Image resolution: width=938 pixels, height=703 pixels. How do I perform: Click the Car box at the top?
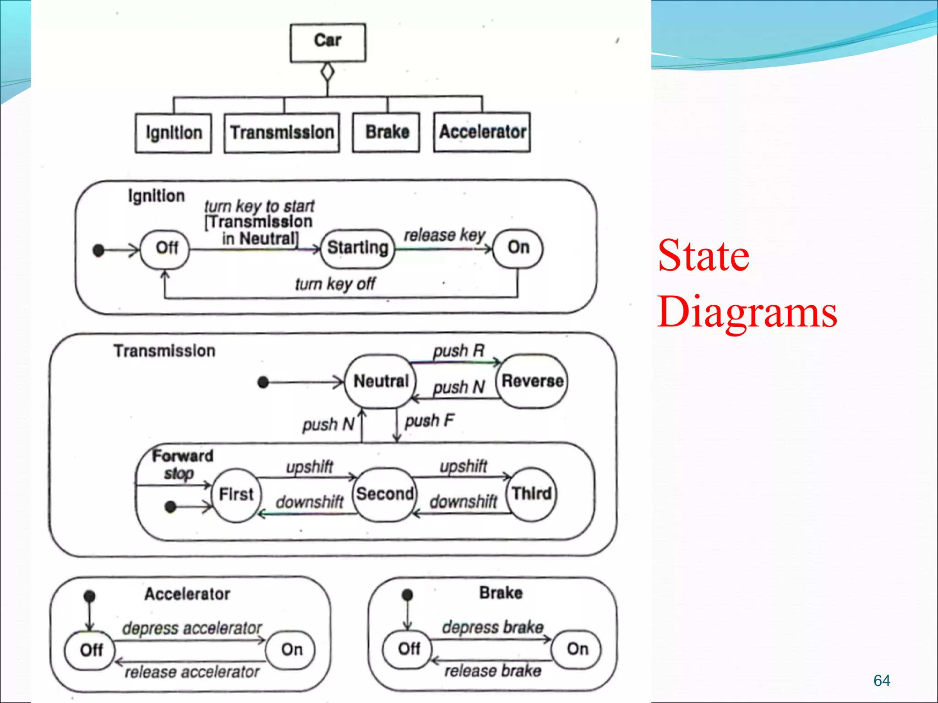(x=328, y=42)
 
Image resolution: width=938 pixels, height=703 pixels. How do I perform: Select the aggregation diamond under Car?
(x=327, y=72)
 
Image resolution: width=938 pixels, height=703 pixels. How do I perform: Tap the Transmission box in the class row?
(x=282, y=133)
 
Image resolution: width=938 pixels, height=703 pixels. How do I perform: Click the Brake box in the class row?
(x=386, y=132)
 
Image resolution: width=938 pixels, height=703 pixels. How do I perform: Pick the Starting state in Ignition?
(x=357, y=248)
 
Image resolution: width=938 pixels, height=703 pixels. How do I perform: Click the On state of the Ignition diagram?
(x=518, y=248)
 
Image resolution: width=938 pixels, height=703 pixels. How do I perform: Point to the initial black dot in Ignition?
(x=98, y=250)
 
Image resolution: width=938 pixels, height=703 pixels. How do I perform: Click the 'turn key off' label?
(x=335, y=284)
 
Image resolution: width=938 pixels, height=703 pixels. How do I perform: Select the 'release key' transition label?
(x=444, y=235)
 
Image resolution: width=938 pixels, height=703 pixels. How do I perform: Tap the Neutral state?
(x=381, y=381)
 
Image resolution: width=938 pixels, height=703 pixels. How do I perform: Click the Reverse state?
(x=532, y=381)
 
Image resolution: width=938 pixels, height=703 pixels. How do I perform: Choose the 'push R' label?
(x=458, y=351)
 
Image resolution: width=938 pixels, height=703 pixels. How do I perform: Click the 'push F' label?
(x=429, y=420)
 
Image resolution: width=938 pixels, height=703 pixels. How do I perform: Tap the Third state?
(x=531, y=494)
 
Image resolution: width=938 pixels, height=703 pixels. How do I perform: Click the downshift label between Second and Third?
(x=463, y=502)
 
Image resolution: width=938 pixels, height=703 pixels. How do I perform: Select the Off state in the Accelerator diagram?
(x=90, y=650)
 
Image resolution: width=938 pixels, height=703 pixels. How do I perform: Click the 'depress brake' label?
(x=492, y=627)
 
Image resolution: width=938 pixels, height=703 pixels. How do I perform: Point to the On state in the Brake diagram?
(x=577, y=649)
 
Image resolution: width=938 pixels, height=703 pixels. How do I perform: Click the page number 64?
(x=882, y=681)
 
